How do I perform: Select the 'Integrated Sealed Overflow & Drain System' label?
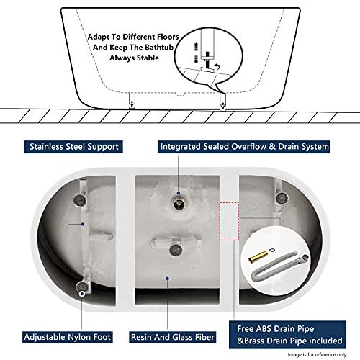234,146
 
